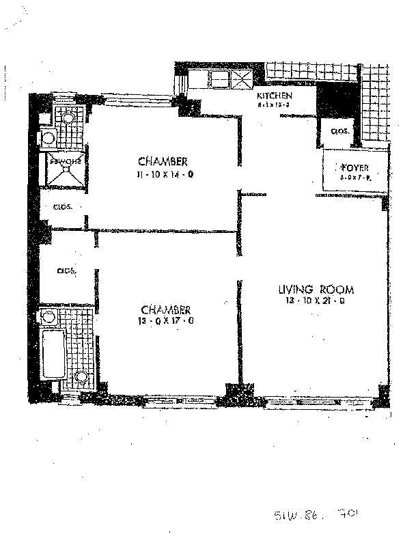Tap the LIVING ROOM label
coord(316,288)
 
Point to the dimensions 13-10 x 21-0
coord(316,299)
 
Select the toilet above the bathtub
coord(48,317)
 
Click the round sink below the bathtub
coord(81,377)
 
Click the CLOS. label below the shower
coord(64,206)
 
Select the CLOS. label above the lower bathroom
coord(67,270)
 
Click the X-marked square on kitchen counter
coord(242,78)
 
